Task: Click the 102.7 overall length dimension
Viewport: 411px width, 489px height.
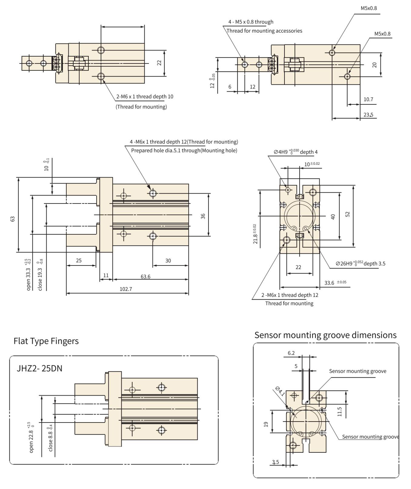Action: (126, 289)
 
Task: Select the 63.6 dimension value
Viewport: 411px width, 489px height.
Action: (145, 277)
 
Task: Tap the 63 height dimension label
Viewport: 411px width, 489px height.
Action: (13, 219)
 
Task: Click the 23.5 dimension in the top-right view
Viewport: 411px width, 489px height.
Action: (368, 115)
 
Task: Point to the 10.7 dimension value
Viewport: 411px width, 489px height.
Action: (368, 99)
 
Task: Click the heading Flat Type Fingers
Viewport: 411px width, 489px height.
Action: (46, 341)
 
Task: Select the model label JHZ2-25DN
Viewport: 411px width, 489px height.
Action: (39, 368)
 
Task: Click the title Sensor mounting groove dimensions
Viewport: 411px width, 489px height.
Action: (325, 335)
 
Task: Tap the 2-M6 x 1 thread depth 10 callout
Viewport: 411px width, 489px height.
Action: (145, 97)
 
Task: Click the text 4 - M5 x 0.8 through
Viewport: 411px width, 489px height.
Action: (251, 22)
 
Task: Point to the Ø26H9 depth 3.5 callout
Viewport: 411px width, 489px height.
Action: (360, 263)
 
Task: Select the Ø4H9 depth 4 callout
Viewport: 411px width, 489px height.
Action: (295, 152)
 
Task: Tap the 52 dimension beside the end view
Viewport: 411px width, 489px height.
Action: (347, 214)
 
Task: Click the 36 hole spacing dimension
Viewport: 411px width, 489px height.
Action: (203, 216)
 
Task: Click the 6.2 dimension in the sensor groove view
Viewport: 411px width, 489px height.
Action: (291, 353)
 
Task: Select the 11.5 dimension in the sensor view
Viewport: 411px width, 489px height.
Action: (339, 412)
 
